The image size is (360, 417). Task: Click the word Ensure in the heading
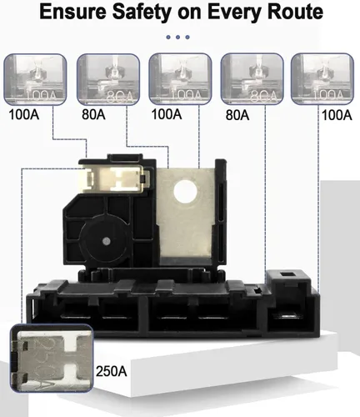point(72,12)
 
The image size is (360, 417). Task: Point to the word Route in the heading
point(294,12)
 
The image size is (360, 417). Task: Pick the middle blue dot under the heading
point(177,37)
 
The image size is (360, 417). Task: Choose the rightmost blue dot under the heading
point(187,37)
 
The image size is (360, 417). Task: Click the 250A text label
point(111,371)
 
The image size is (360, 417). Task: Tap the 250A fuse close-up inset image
point(52,358)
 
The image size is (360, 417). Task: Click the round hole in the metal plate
point(185,192)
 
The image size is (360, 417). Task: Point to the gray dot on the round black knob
point(106,241)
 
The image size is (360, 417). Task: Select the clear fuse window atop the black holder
point(115,178)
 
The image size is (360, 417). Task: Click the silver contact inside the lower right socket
point(286,316)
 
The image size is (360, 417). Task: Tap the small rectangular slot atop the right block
point(287,274)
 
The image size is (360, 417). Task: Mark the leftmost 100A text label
point(24,114)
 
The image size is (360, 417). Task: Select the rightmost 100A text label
point(337,115)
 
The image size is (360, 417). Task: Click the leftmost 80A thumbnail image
point(108,79)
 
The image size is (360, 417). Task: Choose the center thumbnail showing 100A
point(180,78)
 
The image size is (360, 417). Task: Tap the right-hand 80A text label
point(237,115)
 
